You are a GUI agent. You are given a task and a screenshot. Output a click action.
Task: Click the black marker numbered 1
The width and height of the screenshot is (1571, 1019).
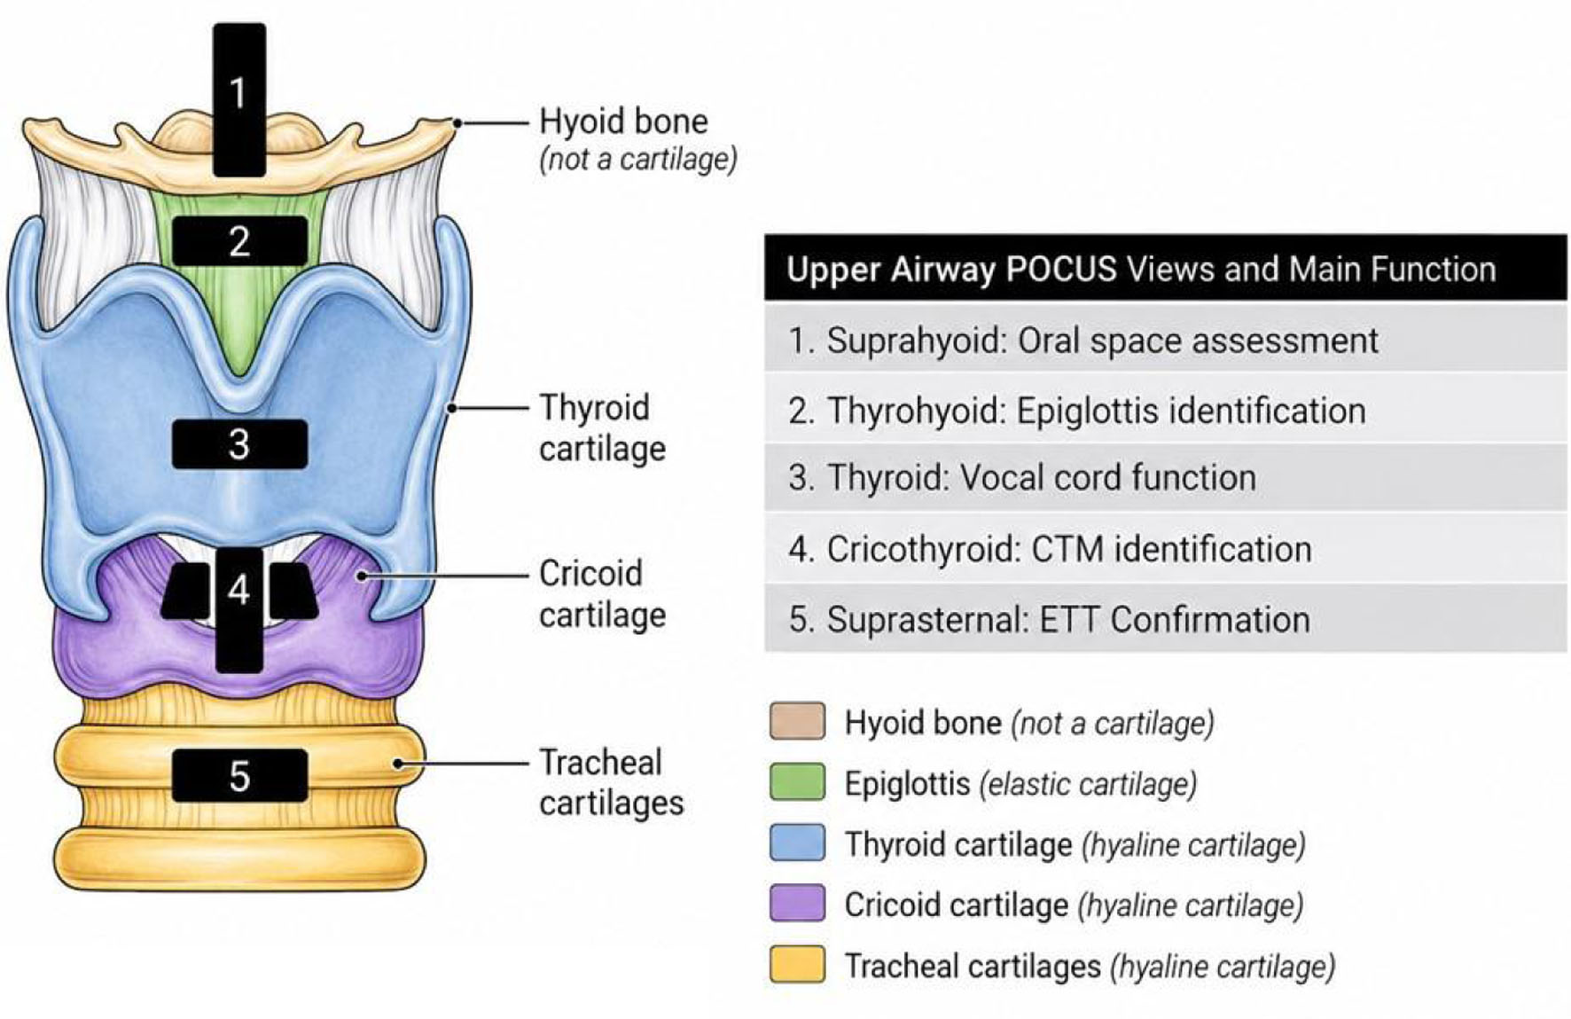point(239,99)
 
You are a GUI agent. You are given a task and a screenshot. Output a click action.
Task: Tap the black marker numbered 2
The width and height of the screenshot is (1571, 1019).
point(239,241)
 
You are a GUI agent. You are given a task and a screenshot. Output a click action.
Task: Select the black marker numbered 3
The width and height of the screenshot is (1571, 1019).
point(239,443)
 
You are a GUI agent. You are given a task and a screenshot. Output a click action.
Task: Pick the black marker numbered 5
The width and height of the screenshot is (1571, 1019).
point(239,776)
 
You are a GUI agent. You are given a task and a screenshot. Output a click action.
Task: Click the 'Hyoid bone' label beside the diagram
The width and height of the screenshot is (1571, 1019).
point(624,121)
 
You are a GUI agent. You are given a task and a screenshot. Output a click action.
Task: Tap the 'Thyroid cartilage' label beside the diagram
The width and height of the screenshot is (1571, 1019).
point(603,427)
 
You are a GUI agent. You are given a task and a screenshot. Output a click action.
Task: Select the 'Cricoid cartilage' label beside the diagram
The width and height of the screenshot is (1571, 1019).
point(603,593)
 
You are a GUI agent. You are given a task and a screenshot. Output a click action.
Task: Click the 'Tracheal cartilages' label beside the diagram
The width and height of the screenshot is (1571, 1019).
point(612,782)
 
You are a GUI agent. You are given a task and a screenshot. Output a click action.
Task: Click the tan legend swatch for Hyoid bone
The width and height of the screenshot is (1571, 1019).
point(797,722)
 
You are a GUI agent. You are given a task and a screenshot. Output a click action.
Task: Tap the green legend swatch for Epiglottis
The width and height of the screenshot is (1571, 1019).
point(797,782)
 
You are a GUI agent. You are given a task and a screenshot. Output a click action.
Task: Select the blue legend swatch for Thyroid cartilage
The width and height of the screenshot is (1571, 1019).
point(797,843)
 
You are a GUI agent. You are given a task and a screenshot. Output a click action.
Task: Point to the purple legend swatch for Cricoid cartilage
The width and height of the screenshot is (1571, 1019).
point(797,904)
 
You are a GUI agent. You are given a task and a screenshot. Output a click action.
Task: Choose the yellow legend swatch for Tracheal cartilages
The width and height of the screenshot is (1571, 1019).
point(797,965)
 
